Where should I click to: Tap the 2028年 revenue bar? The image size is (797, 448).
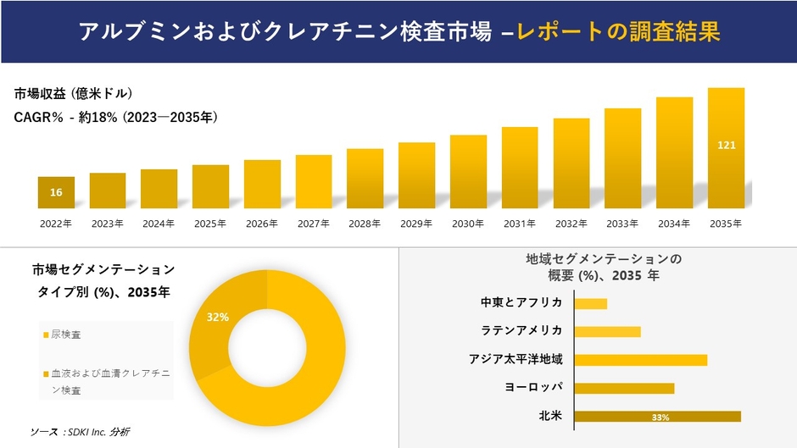pos(365,179)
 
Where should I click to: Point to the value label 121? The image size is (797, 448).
pos(726,146)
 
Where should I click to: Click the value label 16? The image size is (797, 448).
pos(56,193)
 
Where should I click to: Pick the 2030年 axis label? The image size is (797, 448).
pos(468,224)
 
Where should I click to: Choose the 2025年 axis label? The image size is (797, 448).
pos(210,224)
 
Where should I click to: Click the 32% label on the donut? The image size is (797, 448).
pos(218,317)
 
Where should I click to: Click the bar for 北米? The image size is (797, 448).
pos(657,417)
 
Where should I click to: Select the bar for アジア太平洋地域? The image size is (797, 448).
pos(640,360)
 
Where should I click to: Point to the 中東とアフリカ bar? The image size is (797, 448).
pos(591,303)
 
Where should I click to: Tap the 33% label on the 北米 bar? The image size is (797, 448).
pos(660,418)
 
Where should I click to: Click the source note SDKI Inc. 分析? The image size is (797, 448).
pos(80,432)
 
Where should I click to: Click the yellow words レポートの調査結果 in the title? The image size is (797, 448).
pos(618,33)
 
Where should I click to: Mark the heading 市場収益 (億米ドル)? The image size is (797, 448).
pos(73,93)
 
